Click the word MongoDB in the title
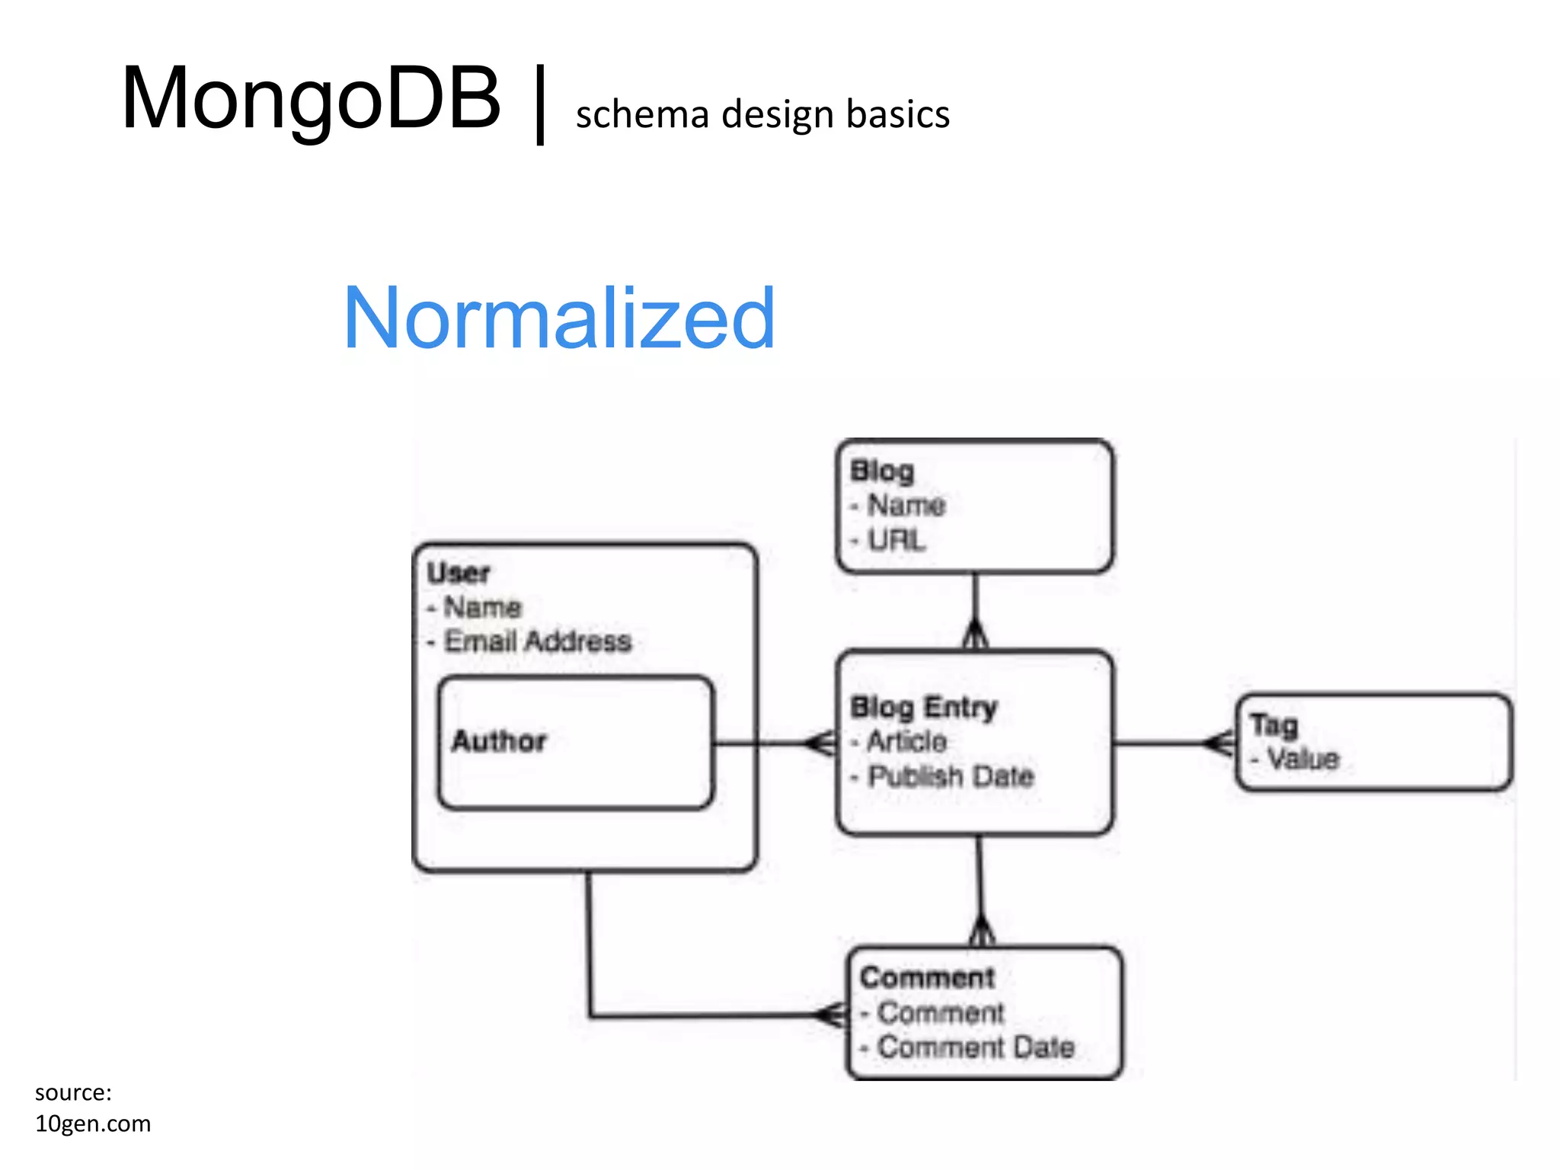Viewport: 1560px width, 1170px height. [311, 99]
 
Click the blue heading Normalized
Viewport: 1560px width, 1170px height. [559, 318]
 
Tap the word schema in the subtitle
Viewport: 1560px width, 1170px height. [643, 115]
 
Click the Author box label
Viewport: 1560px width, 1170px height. [499, 741]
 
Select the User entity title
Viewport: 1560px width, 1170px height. [458, 573]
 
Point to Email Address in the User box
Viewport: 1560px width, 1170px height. [538, 641]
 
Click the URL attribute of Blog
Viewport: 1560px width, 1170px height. [897, 540]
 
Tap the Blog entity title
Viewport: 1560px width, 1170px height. [882, 471]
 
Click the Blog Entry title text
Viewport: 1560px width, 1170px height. [923, 708]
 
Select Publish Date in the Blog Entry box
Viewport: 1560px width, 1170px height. [951, 776]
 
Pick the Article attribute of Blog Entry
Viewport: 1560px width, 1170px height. [906, 741]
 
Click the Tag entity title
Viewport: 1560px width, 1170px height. [1274, 724]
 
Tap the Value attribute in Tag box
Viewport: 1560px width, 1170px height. [1303, 759]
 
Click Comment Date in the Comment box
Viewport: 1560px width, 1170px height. [976, 1047]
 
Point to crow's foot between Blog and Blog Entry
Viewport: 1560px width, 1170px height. [975, 635]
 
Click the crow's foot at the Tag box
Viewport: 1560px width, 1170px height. [1221, 743]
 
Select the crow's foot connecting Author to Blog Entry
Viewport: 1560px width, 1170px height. [822, 743]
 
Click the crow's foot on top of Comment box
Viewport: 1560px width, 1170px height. [982, 931]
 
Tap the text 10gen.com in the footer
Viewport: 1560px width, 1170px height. [93, 1124]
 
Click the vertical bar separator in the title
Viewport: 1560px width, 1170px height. [540, 104]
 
